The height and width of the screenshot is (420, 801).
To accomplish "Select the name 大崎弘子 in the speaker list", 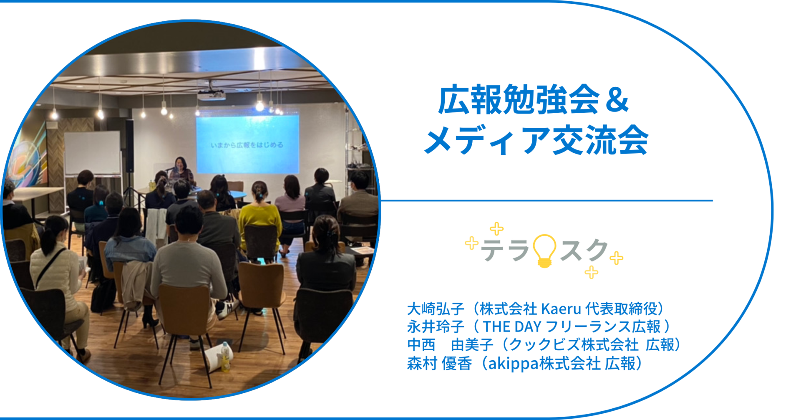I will [x=435, y=309].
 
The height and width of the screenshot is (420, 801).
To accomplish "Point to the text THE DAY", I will [x=512, y=327].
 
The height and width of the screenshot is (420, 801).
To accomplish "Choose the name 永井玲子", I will [x=435, y=327].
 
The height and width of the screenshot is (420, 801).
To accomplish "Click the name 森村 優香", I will [x=439, y=364].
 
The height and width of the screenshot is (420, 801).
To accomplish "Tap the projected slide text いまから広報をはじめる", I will [x=247, y=145].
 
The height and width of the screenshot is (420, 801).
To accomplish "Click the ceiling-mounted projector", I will [x=212, y=95].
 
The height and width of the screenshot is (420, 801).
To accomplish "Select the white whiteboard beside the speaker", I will [x=92, y=153].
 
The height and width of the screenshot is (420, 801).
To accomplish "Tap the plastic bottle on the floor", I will [x=225, y=357].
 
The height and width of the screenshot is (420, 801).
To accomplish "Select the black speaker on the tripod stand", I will [x=130, y=146].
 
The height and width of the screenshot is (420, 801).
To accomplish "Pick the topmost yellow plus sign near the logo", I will [x=496, y=229].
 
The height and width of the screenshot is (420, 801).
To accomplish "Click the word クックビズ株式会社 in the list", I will [x=574, y=345].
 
